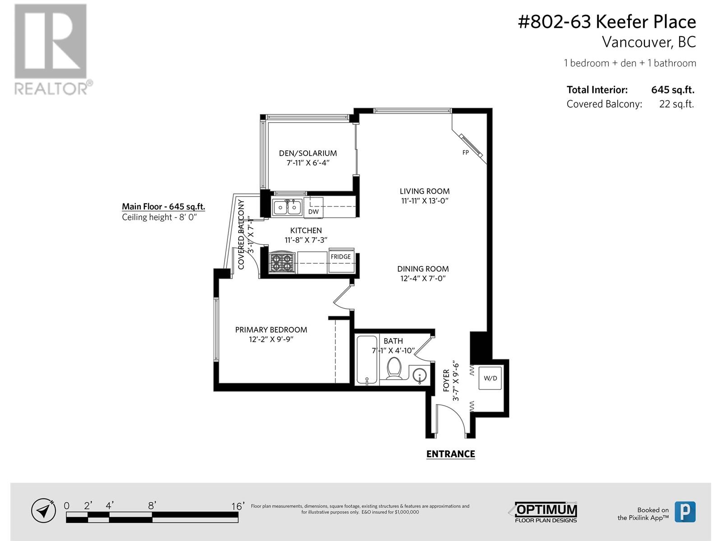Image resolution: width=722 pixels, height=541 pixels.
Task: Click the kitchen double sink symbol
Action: click(x=287, y=208)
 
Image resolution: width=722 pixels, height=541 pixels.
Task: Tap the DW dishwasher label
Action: click(x=313, y=211)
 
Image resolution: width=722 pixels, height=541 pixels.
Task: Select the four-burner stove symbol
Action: click(x=281, y=262)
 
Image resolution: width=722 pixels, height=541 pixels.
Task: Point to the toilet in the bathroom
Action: click(x=394, y=368)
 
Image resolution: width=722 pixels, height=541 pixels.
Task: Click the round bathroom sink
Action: click(x=420, y=376)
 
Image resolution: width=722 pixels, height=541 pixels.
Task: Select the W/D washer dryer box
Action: click(x=491, y=378)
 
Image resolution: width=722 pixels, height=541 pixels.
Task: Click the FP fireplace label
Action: click(x=465, y=152)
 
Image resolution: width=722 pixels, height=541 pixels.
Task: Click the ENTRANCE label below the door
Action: click(x=450, y=454)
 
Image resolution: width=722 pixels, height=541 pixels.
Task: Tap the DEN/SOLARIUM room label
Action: click(x=308, y=153)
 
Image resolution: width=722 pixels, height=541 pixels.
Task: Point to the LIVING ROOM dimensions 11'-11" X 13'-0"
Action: click(x=425, y=201)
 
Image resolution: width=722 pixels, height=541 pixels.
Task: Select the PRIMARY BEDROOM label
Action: click(x=271, y=330)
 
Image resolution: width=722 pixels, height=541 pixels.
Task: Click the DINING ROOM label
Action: click(x=423, y=269)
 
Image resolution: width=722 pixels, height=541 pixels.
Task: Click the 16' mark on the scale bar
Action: click(x=237, y=506)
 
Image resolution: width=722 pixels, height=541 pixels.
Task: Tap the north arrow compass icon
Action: click(x=43, y=511)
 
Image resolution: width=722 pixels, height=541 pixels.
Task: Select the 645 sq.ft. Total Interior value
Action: click(x=672, y=90)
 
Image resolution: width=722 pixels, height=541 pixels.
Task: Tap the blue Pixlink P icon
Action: click(x=685, y=512)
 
